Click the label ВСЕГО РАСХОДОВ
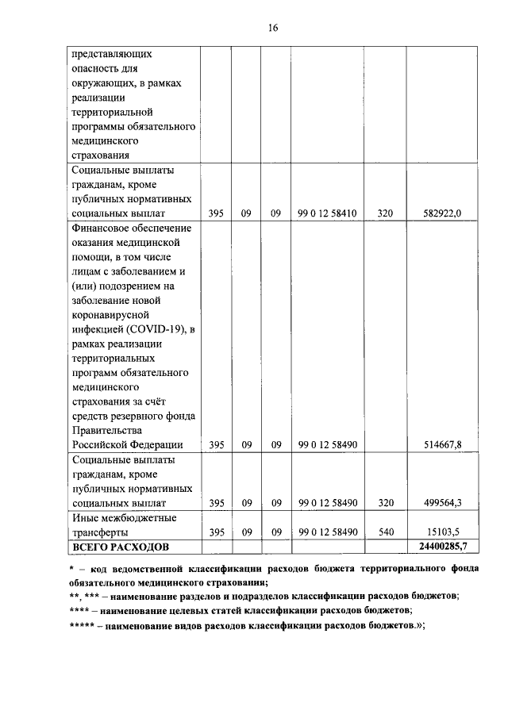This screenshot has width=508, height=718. tap(121, 547)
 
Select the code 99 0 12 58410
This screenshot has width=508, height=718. tap(327, 213)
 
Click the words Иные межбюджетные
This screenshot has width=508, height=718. tap(124, 517)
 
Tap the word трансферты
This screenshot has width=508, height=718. tap(101, 532)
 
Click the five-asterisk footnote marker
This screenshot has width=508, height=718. tap(81, 626)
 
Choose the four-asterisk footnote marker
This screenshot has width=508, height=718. tap(79, 611)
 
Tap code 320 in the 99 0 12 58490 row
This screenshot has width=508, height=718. tap(385, 503)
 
